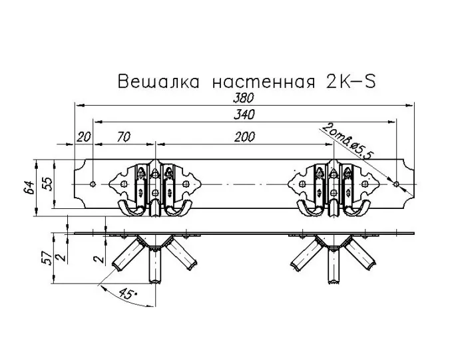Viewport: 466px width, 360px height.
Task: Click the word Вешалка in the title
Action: click(x=158, y=81)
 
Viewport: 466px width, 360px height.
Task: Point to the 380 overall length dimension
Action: click(x=244, y=98)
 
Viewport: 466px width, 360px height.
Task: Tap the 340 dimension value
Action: click(x=244, y=114)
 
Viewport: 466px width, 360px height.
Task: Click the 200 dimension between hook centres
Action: click(x=244, y=137)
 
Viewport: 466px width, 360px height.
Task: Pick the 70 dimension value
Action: click(x=124, y=137)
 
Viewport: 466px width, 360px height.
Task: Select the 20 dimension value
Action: click(x=84, y=137)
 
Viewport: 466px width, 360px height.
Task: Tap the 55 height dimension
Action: click(x=47, y=184)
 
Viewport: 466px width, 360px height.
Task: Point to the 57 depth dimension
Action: click(x=47, y=258)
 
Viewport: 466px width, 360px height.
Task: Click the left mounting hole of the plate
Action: click(x=93, y=184)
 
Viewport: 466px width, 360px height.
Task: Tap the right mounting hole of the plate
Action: click(x=396, y=184)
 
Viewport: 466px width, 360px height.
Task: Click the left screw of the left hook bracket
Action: click(x=124, y=184)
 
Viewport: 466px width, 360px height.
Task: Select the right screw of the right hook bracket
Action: click(x=365, y=184)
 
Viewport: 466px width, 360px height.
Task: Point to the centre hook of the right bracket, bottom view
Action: click(x=334, y=266)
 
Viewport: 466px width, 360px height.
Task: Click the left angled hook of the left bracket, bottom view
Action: click(x=128, y=255)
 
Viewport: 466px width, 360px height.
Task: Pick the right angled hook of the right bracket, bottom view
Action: click(x=360, y=255)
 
